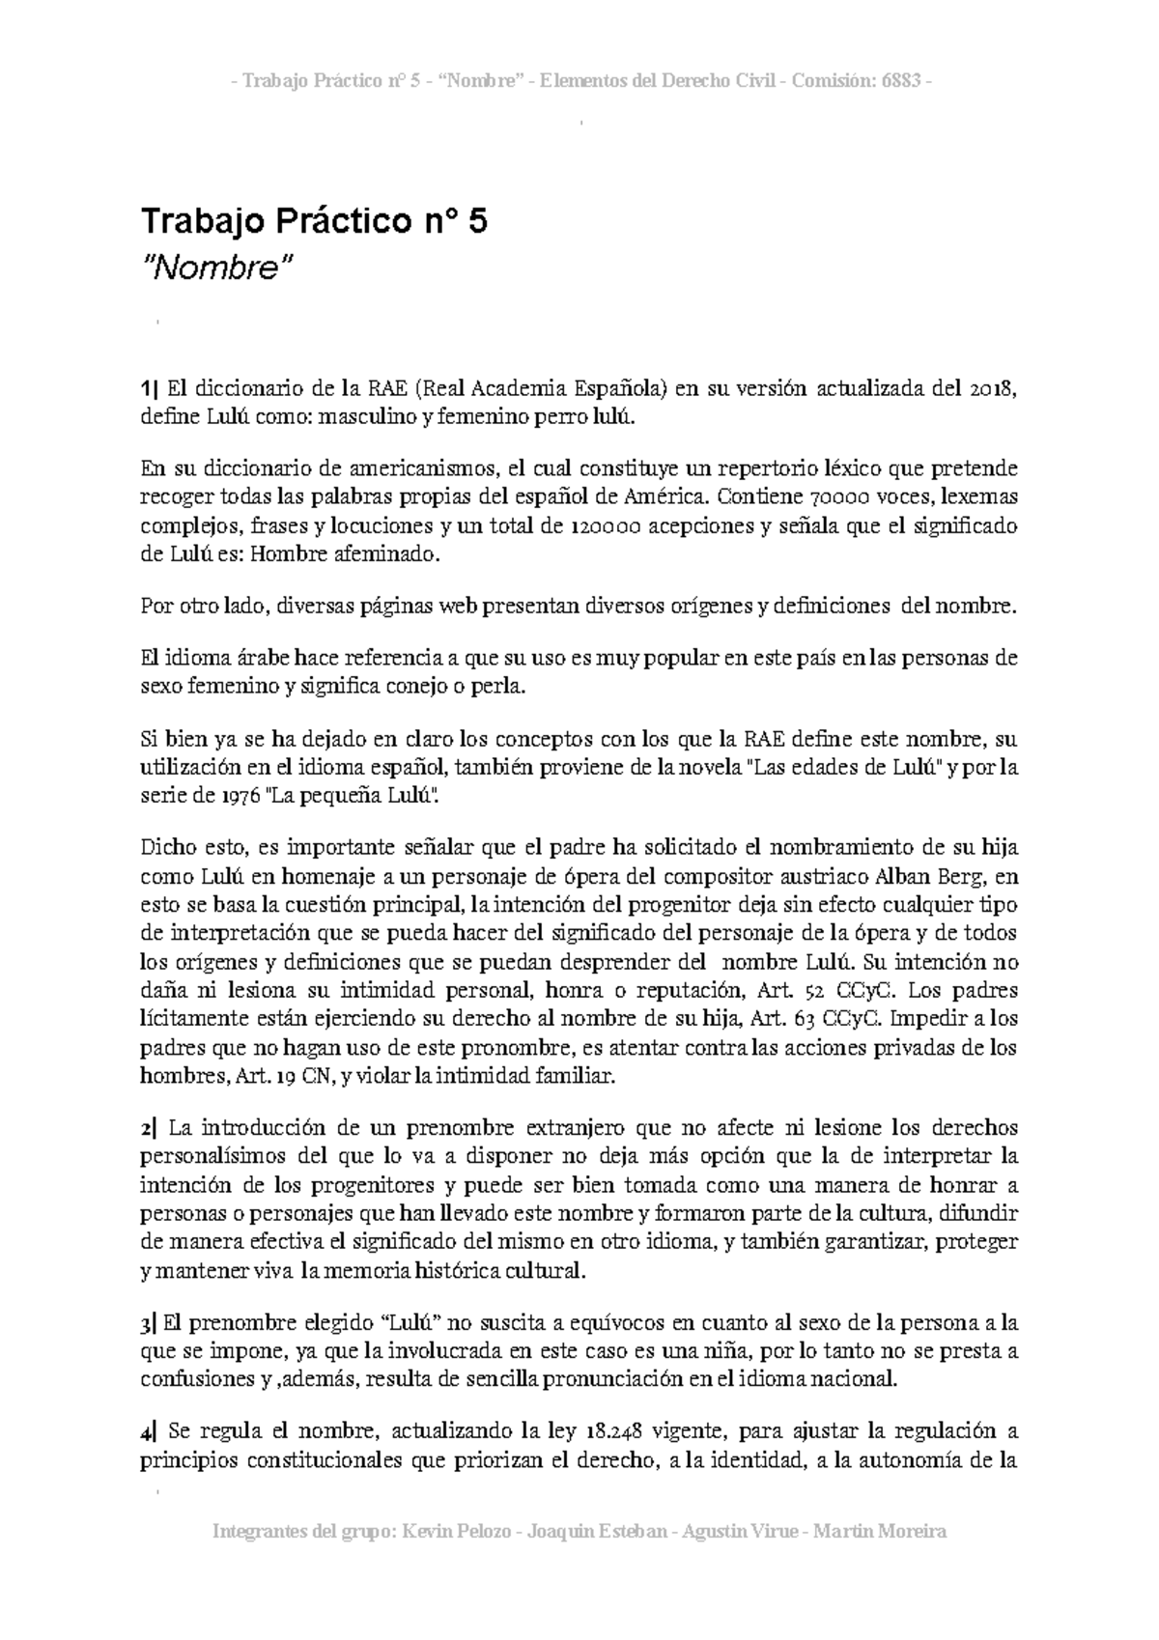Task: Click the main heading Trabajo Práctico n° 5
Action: click(314, 222)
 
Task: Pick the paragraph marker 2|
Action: click(148, 1128)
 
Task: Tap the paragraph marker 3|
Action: click(148, 1323)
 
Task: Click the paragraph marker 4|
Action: click(148, 1432)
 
